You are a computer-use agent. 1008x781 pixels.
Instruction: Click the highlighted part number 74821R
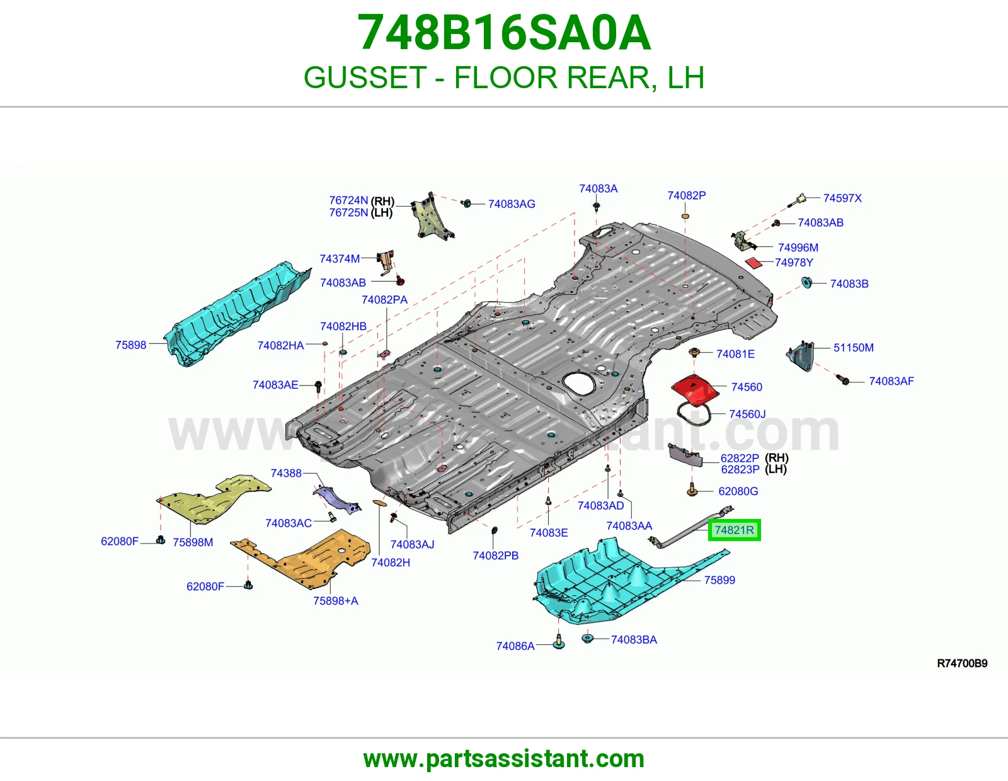734,530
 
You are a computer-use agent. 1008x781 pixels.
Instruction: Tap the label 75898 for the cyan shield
131,345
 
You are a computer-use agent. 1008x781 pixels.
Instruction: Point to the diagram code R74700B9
962,663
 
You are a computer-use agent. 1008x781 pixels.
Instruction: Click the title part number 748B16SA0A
504,33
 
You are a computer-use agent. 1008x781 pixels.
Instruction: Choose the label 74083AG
512,203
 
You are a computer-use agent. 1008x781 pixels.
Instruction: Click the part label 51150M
854,348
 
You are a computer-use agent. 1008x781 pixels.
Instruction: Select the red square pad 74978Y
754,263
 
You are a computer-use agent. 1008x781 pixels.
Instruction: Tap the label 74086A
515,646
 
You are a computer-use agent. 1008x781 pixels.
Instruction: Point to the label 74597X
842,198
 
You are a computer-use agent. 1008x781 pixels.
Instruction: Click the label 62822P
740,459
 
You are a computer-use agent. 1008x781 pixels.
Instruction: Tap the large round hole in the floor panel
578,384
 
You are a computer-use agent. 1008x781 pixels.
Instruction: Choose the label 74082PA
384,300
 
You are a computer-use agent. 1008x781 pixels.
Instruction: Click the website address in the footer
504,759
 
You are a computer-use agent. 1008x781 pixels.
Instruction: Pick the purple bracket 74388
337,499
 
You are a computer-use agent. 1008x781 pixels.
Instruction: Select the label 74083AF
891,381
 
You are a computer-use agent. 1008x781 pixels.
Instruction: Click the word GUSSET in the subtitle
365,77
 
